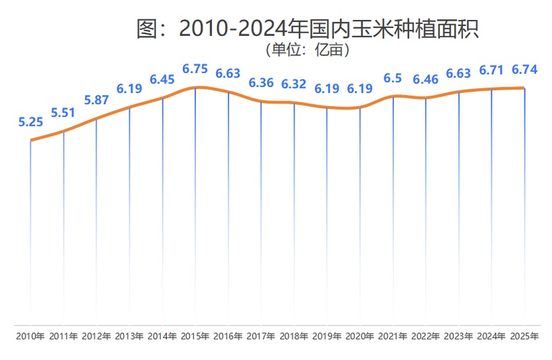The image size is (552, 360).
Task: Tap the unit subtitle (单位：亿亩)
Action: (x=308, y=50)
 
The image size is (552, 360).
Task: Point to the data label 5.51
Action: (x=63, y=113)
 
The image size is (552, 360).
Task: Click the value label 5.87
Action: (x=97, y=100)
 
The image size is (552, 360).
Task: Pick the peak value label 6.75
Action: (x=195, y=69)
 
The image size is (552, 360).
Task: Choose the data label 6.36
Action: (x=262, y=83)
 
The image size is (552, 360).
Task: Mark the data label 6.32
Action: (x=295, y=84)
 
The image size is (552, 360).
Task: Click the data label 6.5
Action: (x=393, y=79)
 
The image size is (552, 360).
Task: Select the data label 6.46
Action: (x=426, y=80)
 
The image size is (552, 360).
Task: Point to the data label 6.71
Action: (x=492, y=70)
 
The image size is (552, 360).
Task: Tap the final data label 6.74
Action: (x=524, y=70)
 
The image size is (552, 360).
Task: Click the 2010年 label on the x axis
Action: (x=31, y=337)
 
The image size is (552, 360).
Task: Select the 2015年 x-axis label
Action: (x=195, y=337)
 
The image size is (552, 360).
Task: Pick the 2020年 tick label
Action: (x=360, y=337)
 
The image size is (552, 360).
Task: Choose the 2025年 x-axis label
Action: (x=524, y=337)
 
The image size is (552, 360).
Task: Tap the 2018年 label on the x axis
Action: (x=295, y=337)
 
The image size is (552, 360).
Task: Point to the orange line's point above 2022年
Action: (x=426, y=99)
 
